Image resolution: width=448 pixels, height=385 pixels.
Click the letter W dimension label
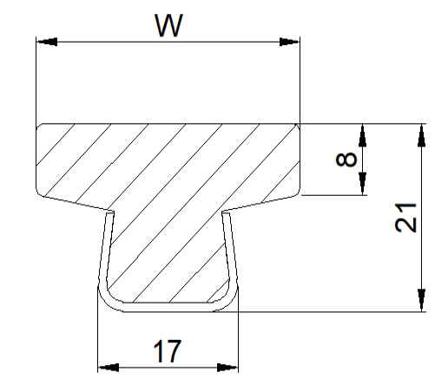[168, 25]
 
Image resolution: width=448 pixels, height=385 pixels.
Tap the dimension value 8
[346, 160]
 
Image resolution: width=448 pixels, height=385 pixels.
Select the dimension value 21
[405, 218]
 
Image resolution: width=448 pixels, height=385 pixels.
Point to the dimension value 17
[168, 351]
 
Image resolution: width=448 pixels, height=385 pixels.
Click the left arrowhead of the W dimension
[47, 42]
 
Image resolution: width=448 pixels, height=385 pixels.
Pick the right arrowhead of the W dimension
[289, 42]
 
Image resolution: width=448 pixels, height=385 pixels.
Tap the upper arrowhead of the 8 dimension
[362, 134]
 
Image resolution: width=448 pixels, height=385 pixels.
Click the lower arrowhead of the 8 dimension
[362, 184]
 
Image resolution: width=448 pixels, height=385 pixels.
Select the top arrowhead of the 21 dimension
[422, 134]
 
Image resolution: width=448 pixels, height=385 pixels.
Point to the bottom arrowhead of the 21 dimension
[422, 301]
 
